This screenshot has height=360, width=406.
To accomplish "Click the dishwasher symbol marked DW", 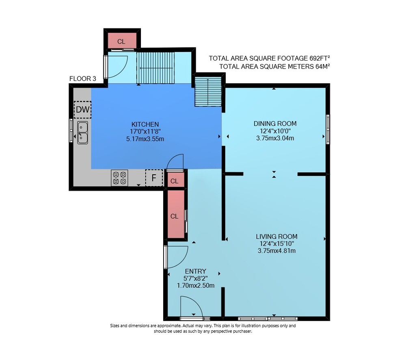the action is pos(82,110).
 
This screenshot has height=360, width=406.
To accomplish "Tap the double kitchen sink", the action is pos(82,133).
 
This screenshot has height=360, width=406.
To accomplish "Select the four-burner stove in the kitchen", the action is pos(119,178).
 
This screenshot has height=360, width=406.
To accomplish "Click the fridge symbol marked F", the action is pos(154,178).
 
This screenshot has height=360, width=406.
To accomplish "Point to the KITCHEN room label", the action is pos(145,124).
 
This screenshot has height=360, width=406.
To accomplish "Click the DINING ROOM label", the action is pos(275,124).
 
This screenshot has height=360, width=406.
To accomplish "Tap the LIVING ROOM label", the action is pos(276,236).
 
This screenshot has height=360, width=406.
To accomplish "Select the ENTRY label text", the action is pos(196,271).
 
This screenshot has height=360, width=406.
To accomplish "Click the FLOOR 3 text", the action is pos(82,78).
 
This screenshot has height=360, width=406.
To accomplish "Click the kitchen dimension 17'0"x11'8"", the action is pos(145,131).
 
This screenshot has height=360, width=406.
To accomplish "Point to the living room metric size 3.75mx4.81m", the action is pos(276,251).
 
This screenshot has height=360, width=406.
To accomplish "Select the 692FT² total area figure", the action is pos(320,58).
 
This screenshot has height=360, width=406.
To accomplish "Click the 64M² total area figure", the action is pos(322,66).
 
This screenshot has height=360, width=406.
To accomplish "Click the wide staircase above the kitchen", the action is pos(156,68).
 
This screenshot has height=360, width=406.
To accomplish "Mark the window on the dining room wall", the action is pos(328,129).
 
